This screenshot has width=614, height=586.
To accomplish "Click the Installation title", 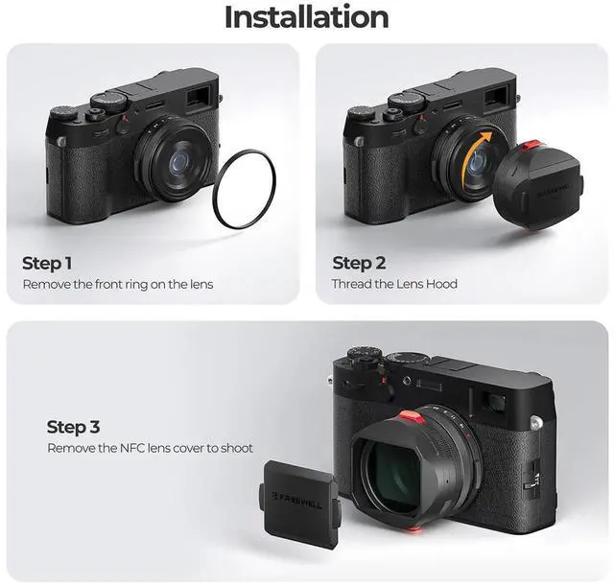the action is coord(307,17).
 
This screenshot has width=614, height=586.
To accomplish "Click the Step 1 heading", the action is coord(47,263).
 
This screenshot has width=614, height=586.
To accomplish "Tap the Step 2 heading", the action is coord(359,263).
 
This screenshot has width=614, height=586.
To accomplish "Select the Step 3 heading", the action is coord(73,427).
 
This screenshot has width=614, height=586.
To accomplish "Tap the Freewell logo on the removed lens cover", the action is coord(297,501).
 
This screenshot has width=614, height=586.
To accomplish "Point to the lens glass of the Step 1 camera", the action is coord(178,162).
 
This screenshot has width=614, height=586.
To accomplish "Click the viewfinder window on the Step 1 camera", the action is coord(198,98).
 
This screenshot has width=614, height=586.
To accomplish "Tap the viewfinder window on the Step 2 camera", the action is coord(494,97).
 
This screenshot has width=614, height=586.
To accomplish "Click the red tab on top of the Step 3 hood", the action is coord(411,417).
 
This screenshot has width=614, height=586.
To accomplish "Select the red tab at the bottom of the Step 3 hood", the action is coord(413,529).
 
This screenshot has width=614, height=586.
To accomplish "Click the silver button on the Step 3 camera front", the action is coord(536,422).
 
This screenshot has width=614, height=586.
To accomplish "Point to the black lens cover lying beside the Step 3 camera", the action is coord(299,504).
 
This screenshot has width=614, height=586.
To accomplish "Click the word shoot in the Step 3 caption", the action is coord(237,448).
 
